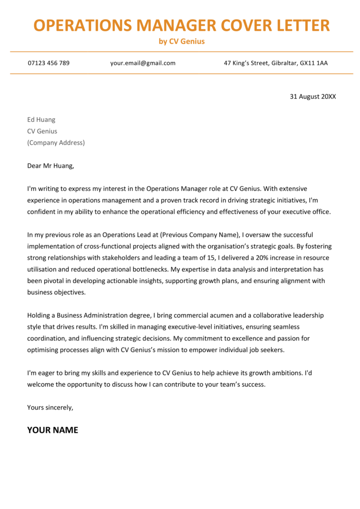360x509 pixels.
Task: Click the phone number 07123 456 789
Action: click(x=49, y=63)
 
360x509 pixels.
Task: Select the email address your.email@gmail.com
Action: click(x=143, y=63)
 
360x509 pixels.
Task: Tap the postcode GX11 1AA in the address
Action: click(x=313, y=63)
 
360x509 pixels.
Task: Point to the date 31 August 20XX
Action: click(x=313, y=96)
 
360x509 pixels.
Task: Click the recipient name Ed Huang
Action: click(x=41, y=120)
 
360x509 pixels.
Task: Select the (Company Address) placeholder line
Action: click(x=56, y=143)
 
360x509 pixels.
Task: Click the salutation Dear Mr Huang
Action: click(x=50, y=166)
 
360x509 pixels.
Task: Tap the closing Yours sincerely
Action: click(x=50, y=407)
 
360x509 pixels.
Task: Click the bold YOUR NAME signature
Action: click(x=52, y=430)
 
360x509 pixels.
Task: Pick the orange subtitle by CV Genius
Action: click(x=181, y=41)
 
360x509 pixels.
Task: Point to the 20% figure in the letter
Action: click(x=258, y=258)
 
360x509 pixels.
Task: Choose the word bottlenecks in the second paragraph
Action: click(x=149, y=269)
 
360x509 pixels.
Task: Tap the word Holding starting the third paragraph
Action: click(x=40, y=315)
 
